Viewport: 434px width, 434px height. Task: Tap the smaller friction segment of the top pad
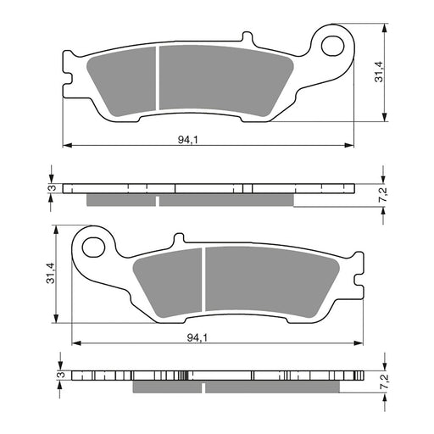tap(122, 78)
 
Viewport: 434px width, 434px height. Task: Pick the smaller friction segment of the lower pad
tap(168, 279)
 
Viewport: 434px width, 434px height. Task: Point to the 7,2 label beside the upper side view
tap(384, 196)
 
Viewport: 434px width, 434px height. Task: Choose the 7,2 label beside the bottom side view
tap(384, 380)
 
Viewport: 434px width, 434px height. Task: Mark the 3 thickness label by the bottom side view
tap(59, 374)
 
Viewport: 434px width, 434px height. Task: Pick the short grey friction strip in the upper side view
tap(122, 200)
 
